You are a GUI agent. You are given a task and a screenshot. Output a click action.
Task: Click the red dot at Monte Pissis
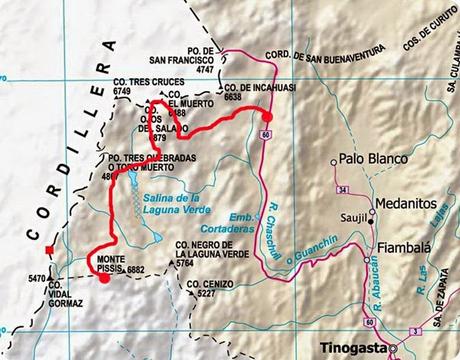(103, 279)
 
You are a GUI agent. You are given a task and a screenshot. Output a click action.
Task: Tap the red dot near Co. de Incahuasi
(266, 115)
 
